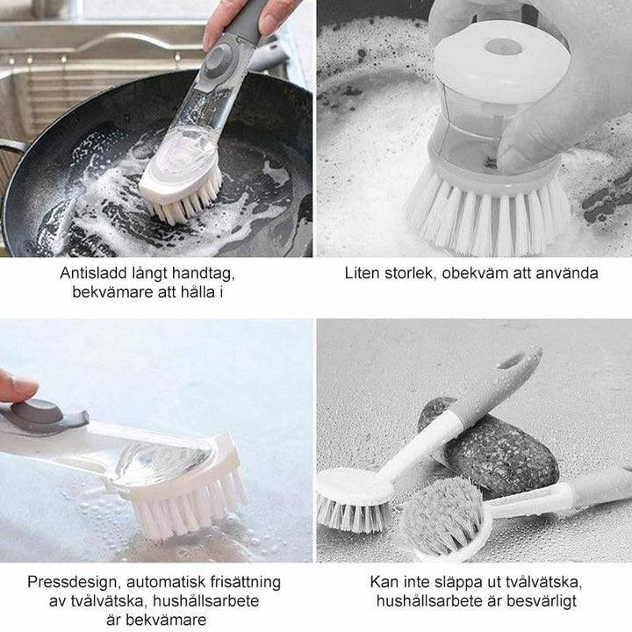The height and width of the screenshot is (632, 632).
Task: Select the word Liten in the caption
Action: point(362,273)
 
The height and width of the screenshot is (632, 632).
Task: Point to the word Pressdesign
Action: point(75,583)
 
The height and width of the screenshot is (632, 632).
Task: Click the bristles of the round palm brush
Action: point(489,218)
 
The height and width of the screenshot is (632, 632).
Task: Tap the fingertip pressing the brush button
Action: point(18,387)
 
